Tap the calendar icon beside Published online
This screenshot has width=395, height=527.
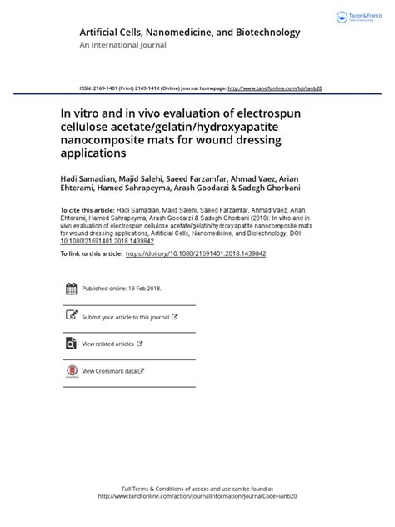click(x=71, y=289)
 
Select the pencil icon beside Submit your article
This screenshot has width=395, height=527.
click(x=71, y=317)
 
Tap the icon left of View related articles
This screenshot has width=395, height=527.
click(x=71, y=344)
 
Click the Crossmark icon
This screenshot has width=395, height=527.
click(x=71, y=370)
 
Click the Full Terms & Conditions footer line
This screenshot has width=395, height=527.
click(x=198, y=489)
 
